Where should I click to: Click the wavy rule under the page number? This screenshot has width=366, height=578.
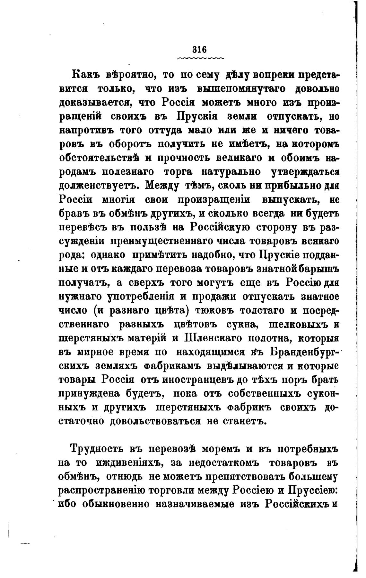coord(200,58)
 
